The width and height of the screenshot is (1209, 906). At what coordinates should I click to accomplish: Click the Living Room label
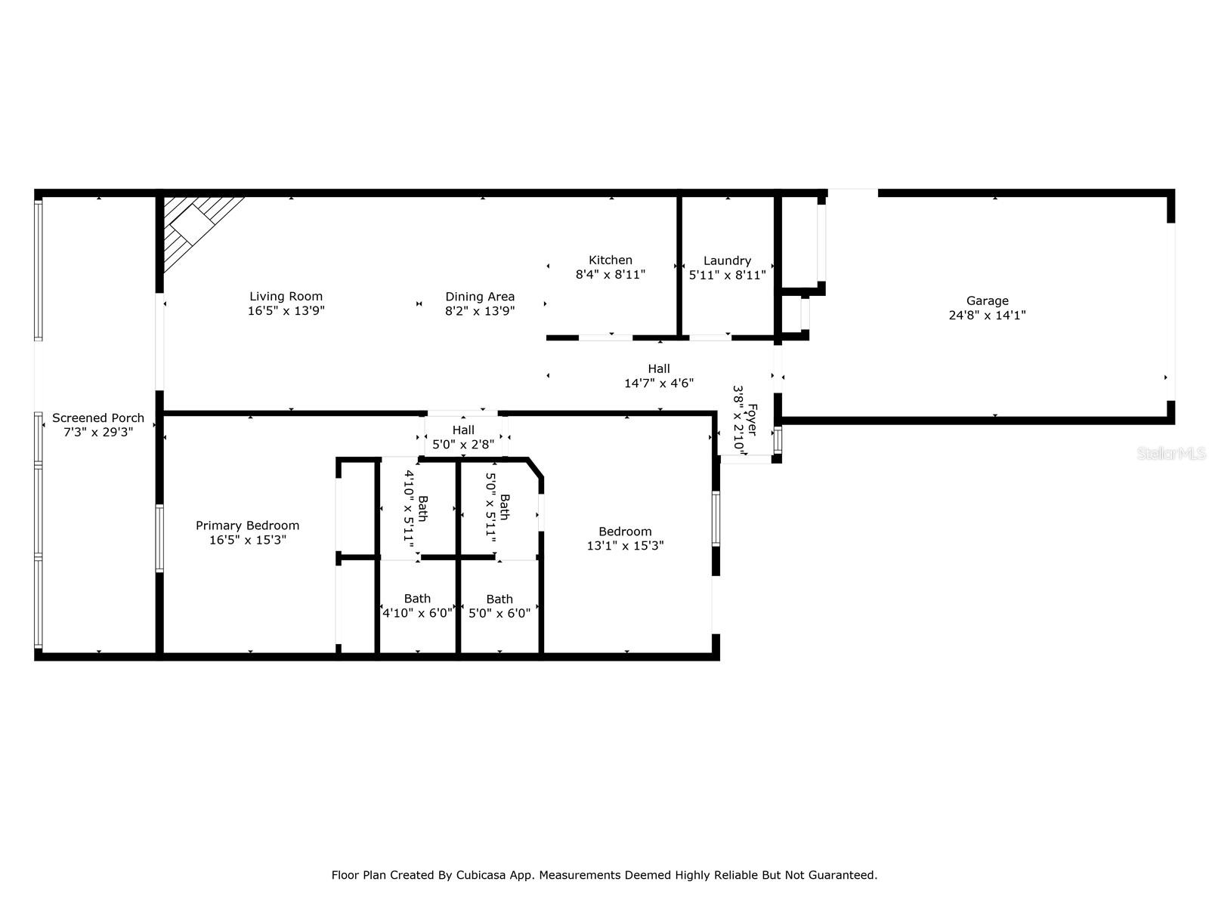(286, 297)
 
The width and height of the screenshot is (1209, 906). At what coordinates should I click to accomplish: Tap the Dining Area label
(480, 297)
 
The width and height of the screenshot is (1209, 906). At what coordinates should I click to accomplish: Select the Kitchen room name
(611, 260)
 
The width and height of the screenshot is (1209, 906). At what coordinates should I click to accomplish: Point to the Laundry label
(727, 260)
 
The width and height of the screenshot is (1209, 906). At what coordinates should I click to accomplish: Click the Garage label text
(987, 301)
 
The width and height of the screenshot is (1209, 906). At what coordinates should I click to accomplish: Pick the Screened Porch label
(98, 418)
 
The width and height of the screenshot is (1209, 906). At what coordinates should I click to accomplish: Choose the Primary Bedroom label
(247, 525)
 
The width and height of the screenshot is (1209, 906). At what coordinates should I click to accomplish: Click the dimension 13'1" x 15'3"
(625, 545)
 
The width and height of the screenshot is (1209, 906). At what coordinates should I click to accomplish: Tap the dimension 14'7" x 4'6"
(659, 383)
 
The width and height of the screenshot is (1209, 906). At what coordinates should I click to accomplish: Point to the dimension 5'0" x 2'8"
(463, 444)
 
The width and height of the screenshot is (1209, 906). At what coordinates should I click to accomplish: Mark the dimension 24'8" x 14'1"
(987, 315)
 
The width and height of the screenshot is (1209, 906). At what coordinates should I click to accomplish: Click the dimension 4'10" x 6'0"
(417, 613)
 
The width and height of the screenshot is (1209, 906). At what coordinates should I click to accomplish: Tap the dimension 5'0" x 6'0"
(499, 613)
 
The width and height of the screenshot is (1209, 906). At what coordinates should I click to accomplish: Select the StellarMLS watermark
(1171, 454)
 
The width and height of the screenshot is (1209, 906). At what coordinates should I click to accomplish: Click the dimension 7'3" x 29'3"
(98, 433)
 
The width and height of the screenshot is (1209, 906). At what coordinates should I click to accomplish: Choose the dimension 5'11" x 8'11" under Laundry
(727, 275)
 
